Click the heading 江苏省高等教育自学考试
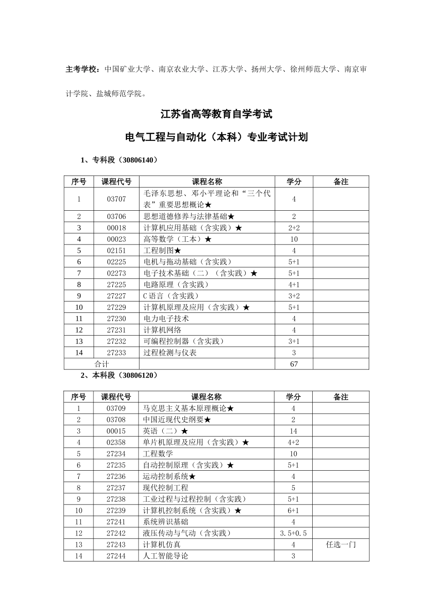[x=216, y=114]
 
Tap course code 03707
[x=116, y=199]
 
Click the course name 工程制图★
[x=162, y=250]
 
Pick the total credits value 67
[x=294, y=364]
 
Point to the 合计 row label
[x=101, y=364]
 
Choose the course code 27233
[x=116, y=353]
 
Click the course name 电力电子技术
[x=166, y=318]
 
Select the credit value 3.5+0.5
[x=293, y=533]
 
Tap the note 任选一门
[x=340, y=545]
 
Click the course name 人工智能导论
[x=165, y=556]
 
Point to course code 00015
[x=116, y=431]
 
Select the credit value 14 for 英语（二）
[x=293, y=431]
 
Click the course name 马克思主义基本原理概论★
[x=188, y=409]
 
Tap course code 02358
[x=116, y=442]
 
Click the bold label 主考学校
[x=82, y=69]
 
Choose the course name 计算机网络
[x=162, y=330]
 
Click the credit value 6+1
[x=293, y=511]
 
